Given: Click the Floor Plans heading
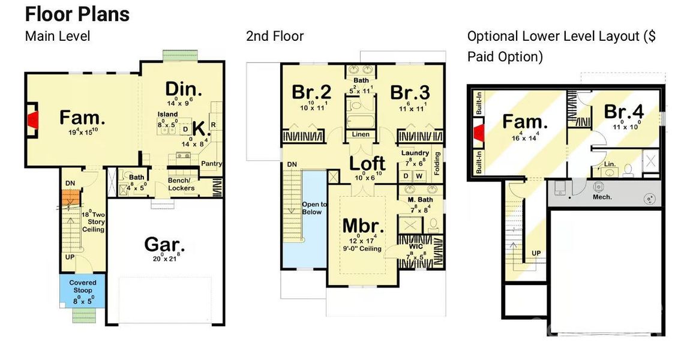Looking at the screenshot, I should tap(77, 13).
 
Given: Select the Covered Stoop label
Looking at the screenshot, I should tap(83, 286).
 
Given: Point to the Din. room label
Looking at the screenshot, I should tap(183, 89).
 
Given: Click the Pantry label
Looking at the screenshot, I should tap(212, 163).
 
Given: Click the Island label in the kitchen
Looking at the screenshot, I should tap(168, 114).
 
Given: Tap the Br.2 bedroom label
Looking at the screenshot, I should tap(311, 92).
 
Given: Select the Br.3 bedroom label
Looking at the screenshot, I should tap(410, 92).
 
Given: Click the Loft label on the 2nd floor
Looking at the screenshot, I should tap(367, 163).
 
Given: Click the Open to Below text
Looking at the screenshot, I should tap(312, 208).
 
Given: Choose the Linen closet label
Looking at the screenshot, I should tap(361, 134).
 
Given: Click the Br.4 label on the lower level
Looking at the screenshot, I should tap(623, 112).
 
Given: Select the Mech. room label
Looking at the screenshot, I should tap(602, 197).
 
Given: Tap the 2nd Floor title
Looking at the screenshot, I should tap(275, 36).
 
